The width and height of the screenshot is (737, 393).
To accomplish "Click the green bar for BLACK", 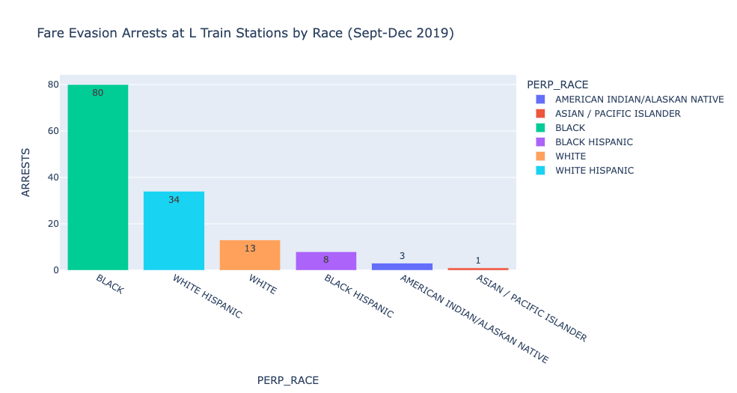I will (x=98, y=180).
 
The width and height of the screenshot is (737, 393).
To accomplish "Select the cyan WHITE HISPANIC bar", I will (x=174, y=232).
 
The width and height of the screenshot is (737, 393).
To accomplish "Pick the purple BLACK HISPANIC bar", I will (x=326, y=261).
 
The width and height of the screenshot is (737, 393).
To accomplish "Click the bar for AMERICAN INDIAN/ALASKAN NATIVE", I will (x=402, y=266).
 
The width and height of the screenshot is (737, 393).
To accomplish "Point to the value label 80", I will (x=98, y=93).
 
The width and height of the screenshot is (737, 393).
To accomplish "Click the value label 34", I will (x=174, y=200).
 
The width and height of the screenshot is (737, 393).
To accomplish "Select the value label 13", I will (x=250, y=249).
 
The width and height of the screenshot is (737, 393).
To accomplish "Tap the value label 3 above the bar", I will (x=402, y=256).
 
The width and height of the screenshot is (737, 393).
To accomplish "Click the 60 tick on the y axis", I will (x=52, y=131).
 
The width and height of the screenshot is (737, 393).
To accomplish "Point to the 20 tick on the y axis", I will (x=52, y=224).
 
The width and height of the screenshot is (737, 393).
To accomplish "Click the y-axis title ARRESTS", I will (x=26, y=173).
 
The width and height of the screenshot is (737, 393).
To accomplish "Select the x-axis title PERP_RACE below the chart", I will (x=288, y=380).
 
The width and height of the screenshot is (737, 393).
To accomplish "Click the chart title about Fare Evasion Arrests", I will (x=245, y=34).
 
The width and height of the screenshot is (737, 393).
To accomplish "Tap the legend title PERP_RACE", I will (x=557, y=85).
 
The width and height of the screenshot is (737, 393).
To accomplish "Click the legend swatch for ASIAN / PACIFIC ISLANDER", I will (x=541, y=114).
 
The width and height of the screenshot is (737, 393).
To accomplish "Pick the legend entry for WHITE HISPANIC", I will (x=594, y=171).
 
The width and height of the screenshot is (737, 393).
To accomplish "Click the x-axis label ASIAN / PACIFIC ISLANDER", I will (x=531, y=308).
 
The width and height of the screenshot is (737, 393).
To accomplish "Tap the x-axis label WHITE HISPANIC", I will (x=207, y=296).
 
